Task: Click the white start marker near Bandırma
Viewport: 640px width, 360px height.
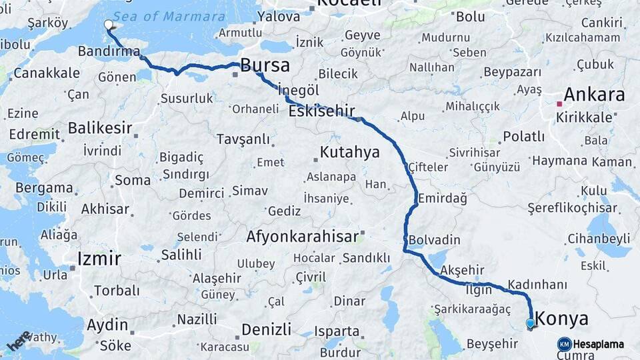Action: click(109, 25)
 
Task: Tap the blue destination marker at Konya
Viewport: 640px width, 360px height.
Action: click(530, 324)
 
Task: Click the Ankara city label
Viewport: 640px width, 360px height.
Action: click(595, 94)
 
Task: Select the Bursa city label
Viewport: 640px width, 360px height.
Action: click(265, 65)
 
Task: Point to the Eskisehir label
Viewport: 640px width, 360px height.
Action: click(321, 111)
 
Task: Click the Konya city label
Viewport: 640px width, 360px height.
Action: click(562, 318)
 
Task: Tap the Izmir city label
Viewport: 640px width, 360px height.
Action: click(99, 258)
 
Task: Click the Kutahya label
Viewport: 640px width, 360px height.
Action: click(349, 152)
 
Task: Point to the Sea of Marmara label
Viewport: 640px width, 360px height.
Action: click(169, 17)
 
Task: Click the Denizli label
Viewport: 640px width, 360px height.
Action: click(266, 329)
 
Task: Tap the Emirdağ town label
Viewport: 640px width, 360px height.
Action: click(443, 198)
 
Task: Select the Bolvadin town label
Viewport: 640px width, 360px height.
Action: click(434, 239)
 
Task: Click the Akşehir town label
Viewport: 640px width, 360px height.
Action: click(462, 270)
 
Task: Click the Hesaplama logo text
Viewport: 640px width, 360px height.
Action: click(598, 344)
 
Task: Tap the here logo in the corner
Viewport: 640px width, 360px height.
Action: click(19, 340)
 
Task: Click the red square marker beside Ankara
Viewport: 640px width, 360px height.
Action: click(559, 104)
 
